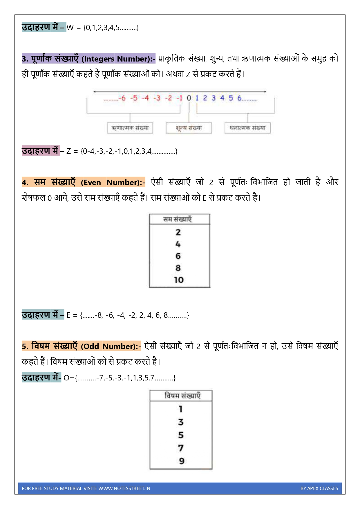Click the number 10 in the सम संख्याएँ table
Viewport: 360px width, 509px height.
pos(179,280)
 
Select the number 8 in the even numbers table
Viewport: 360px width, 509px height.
pos(178,268)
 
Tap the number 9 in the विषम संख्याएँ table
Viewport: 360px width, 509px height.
pos(182,461)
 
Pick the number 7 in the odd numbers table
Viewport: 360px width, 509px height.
pos(181,448)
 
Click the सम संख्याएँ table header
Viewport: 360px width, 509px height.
pos(178,219)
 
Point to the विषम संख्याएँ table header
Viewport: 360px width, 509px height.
pos(182,396)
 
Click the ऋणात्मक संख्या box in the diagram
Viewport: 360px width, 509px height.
pos(130,128)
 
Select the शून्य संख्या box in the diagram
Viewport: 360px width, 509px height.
pos(189,128)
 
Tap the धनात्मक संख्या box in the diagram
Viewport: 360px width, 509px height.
pos(247,128)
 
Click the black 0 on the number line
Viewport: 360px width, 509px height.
pos(189,98)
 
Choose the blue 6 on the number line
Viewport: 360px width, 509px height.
pos(239,98)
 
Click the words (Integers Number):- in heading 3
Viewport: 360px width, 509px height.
pos(118,59)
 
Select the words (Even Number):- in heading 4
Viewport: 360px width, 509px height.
pos(113,183)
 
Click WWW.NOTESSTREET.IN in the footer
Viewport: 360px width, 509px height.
pos(124,488)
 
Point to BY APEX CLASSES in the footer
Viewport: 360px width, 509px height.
pos(319,488)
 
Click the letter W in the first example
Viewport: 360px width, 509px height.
pos(70,28)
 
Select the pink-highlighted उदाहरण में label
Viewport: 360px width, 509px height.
pos(41,151)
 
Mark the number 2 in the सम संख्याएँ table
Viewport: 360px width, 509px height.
pos(178,232)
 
